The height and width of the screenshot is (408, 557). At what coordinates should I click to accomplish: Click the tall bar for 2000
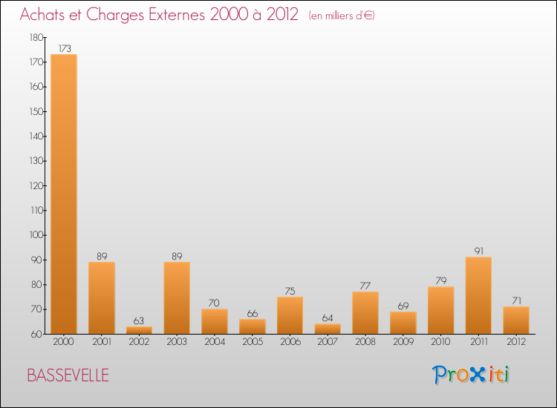coord(64,194)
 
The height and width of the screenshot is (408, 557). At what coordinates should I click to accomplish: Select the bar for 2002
coord(139,330)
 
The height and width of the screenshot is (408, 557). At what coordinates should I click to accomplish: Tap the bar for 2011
coord(478,295)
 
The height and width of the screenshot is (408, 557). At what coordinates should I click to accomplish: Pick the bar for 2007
coord(328,329)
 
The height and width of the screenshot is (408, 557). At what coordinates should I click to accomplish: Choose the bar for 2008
coord(365,312)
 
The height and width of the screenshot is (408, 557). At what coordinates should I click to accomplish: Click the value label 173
coord(64,48)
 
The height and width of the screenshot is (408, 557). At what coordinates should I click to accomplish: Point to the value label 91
coord(478,251)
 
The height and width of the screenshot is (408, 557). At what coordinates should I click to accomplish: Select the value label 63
coord(139,320)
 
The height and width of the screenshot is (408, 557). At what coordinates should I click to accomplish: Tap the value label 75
coord(290,291)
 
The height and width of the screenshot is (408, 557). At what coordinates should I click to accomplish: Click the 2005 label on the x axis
coord(252,342)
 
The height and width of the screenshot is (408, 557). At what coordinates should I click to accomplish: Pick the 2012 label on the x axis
coord(516,342)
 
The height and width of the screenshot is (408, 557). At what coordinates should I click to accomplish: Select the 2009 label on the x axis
coord(403,342)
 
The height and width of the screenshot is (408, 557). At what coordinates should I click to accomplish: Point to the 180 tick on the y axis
coord(36,37)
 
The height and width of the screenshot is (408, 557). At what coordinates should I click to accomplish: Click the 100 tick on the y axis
coord(36,235)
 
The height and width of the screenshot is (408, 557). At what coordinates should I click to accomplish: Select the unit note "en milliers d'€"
coord(342,16)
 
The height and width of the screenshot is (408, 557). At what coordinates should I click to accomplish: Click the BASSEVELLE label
coord(68,375)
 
